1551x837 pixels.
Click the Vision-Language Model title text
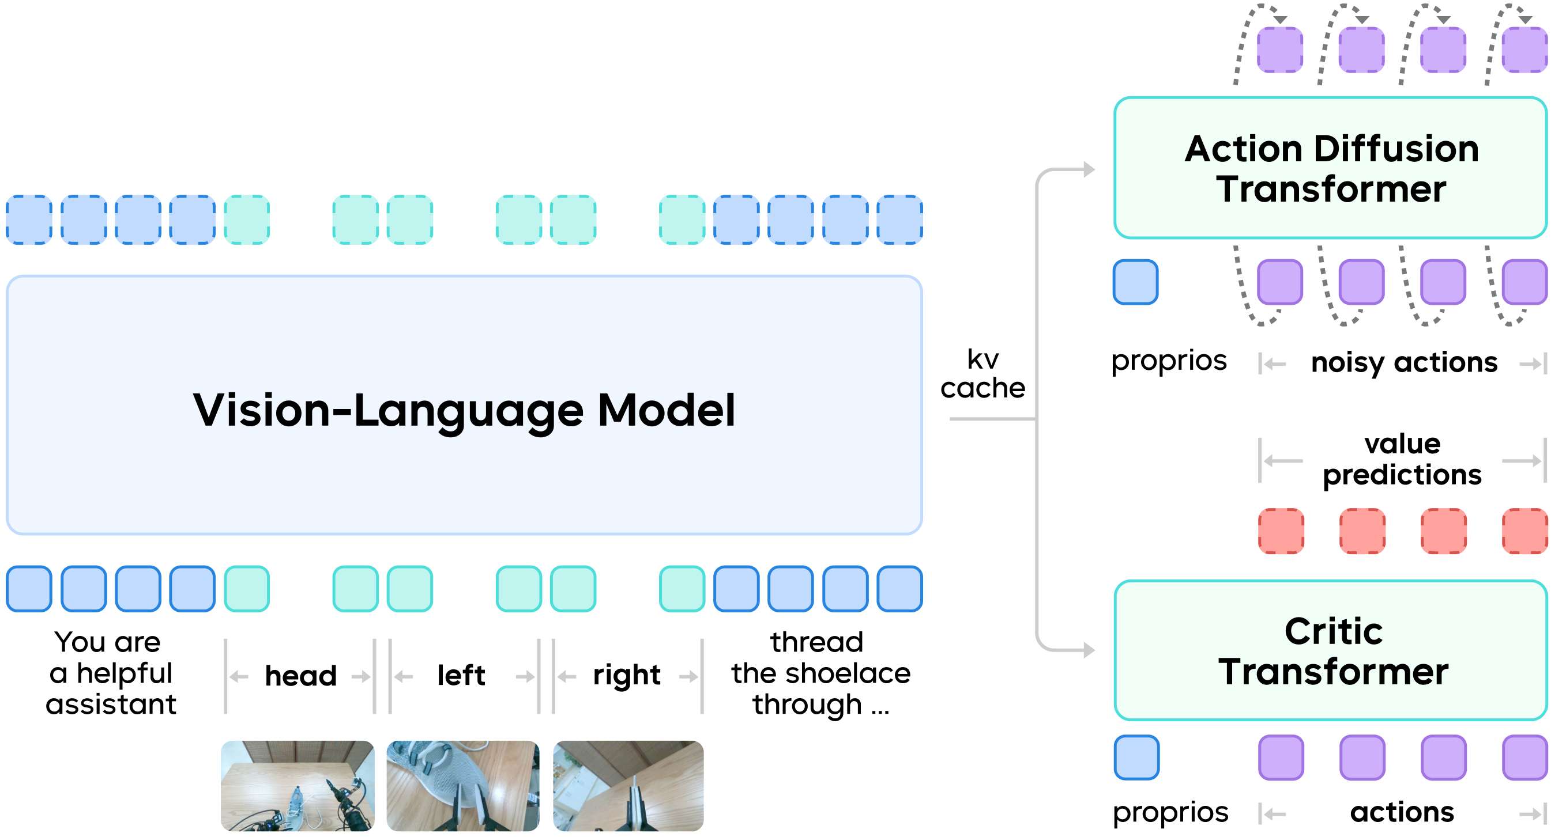coord(464,410)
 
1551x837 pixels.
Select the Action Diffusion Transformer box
coord(1331,168)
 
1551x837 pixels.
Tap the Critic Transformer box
coord(1331,651)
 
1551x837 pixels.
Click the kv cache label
coord(982,374)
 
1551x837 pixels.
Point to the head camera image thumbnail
coord(298,785)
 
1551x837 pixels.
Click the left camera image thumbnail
coord(462,785)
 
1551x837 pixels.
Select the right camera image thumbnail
coord(628,785)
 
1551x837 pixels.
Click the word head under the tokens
coord(300,676)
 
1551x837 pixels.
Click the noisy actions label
coord(1404,363)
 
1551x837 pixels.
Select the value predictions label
coord(1402,460)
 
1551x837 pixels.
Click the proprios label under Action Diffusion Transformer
coord(1169,361)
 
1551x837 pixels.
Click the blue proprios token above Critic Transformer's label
coord(1137,758)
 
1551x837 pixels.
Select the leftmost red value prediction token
coord(1281,531)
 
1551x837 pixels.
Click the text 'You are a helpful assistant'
coord(111,673)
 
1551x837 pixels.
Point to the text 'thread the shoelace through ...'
coord(820,673)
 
